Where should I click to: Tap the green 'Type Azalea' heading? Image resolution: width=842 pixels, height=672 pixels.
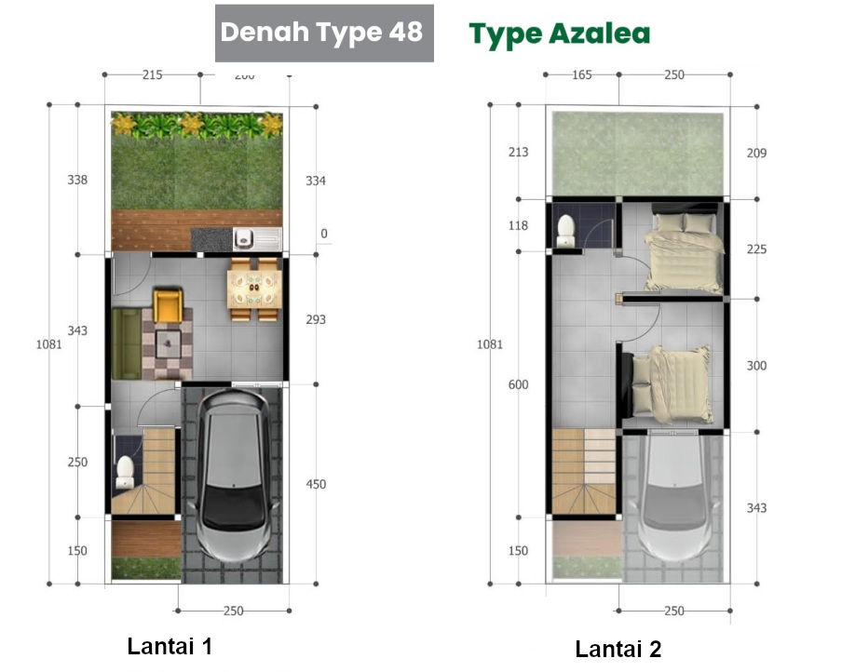559,34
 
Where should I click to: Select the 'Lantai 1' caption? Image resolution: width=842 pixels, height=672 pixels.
170,646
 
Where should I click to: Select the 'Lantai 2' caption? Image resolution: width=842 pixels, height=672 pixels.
618,649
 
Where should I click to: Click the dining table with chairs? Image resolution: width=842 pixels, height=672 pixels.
254,289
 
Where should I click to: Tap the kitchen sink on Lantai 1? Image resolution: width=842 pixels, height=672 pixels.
245,239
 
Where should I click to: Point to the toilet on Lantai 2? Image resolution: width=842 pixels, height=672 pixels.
565,231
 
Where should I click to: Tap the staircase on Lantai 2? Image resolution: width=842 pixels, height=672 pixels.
583,470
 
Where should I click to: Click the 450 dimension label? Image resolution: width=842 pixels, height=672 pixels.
317,484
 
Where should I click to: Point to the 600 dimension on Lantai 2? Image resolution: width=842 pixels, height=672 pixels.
519,385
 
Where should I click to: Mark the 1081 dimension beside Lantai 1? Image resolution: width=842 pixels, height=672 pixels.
48,343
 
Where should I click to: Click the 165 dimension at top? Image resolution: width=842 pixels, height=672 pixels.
581,74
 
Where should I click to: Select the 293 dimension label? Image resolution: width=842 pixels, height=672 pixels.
317,320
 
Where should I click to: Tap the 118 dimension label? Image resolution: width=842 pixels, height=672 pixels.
518,225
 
